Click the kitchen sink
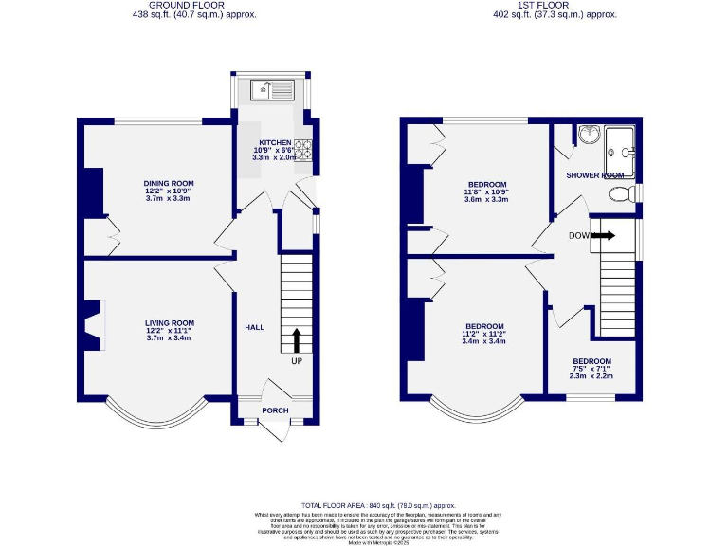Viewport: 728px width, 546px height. pos(271,91)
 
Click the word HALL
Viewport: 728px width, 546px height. pos(255,327)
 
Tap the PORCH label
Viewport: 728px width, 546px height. pos(276,410)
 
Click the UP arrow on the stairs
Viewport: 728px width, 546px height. pos(297,340)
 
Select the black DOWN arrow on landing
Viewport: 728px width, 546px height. pos(604,235)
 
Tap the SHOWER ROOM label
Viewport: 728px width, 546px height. pos(595,175)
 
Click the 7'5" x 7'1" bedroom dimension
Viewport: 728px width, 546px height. pos(591,369)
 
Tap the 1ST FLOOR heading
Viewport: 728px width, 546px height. pos(555,6)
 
